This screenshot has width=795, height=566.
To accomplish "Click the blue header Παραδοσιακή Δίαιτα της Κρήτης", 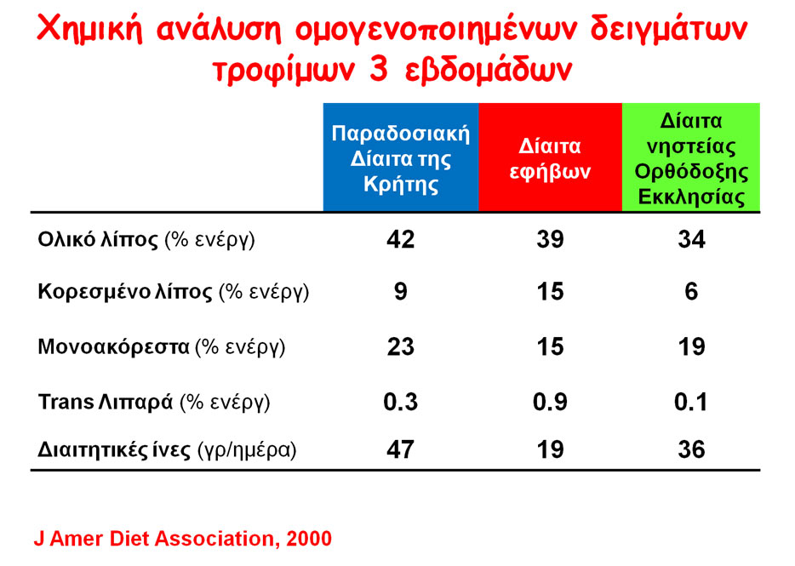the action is tap(401, 157).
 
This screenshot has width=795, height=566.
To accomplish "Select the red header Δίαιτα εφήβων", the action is tap(550, 157).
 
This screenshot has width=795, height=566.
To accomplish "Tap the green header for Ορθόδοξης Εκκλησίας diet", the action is tap(691, 157).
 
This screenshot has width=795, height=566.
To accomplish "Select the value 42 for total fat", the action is tap(401, 239).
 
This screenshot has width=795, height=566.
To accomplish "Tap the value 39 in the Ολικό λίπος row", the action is tap(550, 239).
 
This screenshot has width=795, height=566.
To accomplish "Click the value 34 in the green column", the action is tap(691, 239).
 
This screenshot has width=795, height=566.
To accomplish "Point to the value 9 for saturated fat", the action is tap(401, 292).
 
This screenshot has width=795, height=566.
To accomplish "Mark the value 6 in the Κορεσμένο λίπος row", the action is tap(691, 292).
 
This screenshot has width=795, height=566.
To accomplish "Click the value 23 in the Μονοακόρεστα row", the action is tap(401, 347).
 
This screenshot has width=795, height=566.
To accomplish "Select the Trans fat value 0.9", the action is tap(550, 403).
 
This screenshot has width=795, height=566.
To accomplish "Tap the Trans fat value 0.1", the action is tap(690, 403).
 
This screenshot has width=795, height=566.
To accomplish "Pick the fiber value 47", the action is tap(401, 450).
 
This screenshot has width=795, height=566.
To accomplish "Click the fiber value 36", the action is tap(691, 450).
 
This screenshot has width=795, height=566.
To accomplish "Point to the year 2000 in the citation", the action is tap(309, 539).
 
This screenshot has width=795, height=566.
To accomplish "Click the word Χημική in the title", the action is tap(89, 30).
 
